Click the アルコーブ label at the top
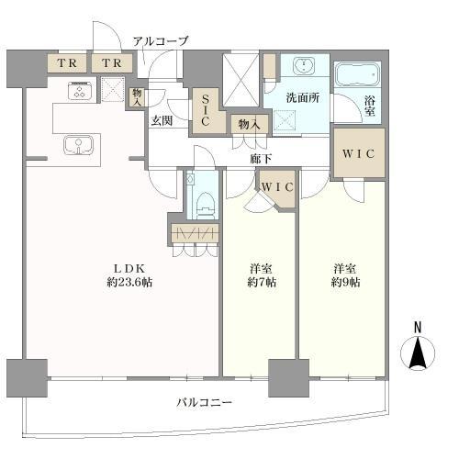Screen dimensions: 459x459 click(x=160, y=41)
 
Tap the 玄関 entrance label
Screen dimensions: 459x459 click(x=162, y=120)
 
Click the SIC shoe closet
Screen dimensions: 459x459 click(x=205, y=109)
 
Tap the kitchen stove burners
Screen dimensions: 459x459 click(x=78, y=90)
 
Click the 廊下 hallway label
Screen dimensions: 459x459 click(x=259, y=158)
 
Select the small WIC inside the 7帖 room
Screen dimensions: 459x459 click(x=276, y=187)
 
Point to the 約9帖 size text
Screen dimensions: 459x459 click(x=345, y=282)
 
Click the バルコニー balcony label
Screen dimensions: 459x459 click(x=207, y=402)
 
